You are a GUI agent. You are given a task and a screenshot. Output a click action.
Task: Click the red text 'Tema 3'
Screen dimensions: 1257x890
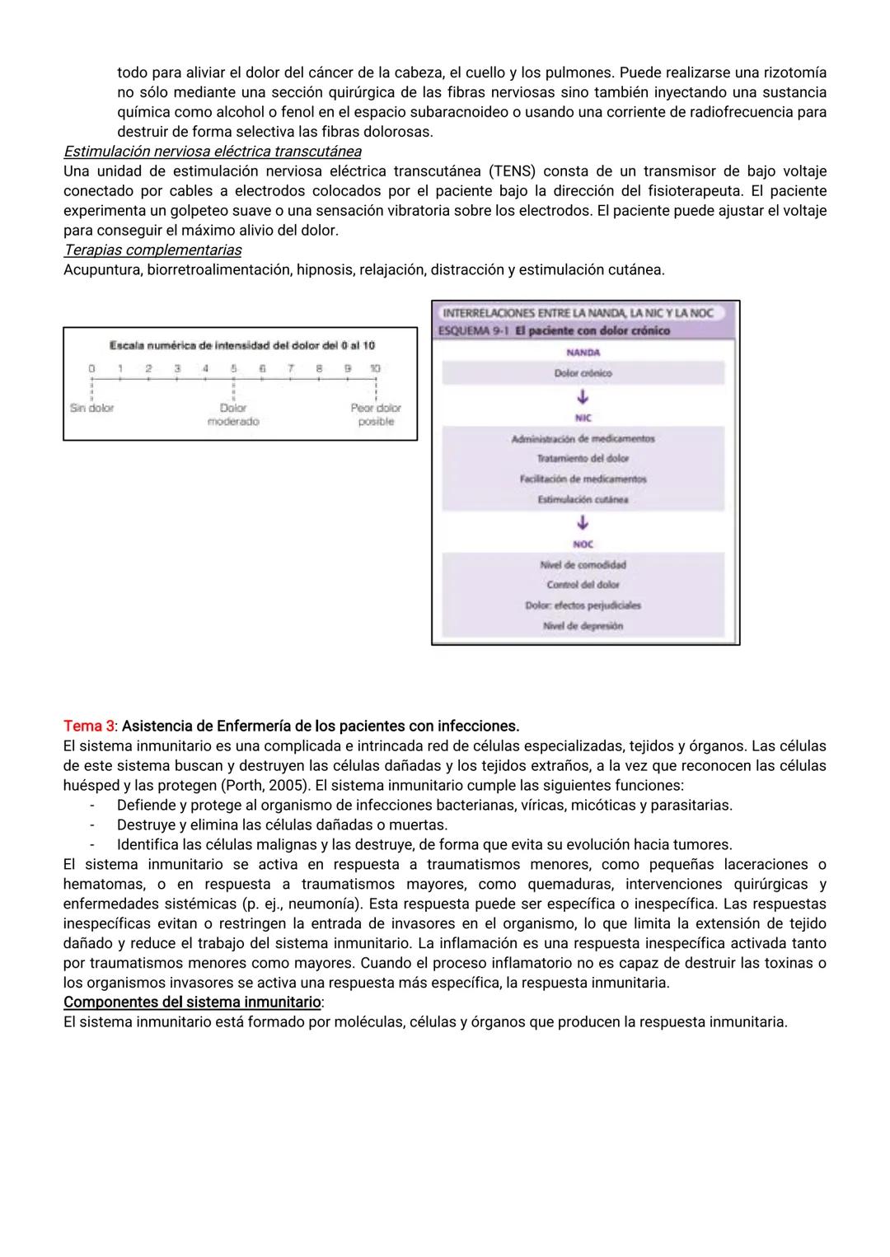coord(88,726)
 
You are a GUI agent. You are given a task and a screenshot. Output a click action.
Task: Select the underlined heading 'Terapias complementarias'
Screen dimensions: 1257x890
coord(152,250)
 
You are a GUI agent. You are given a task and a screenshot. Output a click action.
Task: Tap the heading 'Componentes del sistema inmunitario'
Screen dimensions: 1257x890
coord(192,1002)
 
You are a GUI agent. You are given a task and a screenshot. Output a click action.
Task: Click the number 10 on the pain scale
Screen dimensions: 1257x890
coord(375,369)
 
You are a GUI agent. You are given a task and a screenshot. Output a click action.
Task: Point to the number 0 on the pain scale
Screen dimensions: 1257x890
coord(91,369)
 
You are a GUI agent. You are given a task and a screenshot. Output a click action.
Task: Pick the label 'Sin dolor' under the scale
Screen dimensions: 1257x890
coord(91,408)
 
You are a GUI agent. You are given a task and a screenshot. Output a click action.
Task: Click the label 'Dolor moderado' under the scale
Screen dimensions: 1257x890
coord(233,414)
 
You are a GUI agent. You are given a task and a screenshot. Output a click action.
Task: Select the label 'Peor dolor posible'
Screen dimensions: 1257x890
coord(376,414)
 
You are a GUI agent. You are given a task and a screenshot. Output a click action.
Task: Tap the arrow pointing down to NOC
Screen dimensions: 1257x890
coord(583,523)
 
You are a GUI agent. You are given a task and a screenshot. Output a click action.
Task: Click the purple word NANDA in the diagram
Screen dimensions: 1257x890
coord(583,353)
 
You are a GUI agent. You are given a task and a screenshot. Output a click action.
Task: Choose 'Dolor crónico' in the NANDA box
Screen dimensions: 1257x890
coord(583,373)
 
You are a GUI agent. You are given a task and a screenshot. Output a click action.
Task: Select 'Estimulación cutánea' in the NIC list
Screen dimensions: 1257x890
coord(583,499)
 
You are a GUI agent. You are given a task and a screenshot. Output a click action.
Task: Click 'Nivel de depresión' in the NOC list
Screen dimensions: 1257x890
coord(583,626)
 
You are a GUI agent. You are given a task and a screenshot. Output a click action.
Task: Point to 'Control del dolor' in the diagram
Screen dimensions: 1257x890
coord(583,585)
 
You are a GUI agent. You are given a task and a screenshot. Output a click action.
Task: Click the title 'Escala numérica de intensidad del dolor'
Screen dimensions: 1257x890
coord(241,345)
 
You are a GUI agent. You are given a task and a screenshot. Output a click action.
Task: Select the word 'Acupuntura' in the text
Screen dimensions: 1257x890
coord(102,269)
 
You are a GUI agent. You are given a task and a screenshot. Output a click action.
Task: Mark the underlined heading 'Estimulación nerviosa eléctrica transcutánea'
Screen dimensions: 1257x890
coord(212,152)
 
